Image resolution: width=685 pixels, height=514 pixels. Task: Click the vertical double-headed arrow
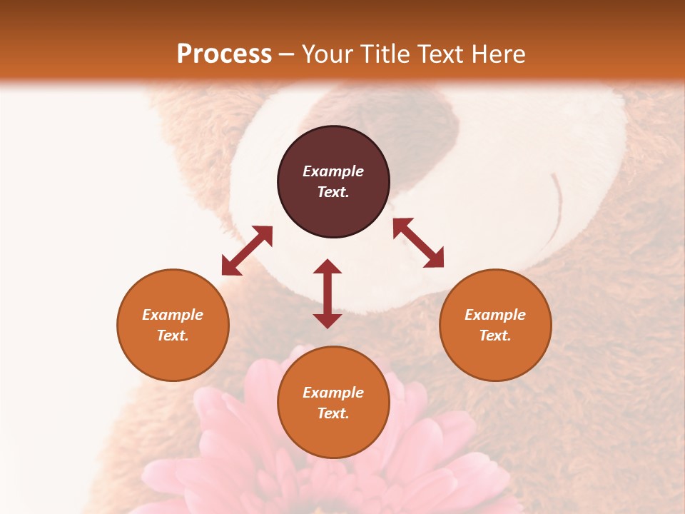click(x=328, y=293)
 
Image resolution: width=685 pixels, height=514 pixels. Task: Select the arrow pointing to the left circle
click(x=247, y=251)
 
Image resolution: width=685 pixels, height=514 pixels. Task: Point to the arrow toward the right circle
click(x=419, y=243)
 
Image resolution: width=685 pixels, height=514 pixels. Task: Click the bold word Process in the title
click(x=224, y=54)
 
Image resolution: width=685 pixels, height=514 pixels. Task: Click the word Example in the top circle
click(x=333, y=171)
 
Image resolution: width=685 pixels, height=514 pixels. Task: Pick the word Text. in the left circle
click(x=173, y=336)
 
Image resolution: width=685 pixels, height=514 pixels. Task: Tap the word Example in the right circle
click(x=495, y=315)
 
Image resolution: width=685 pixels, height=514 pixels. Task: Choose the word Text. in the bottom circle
click(x=333, y=413)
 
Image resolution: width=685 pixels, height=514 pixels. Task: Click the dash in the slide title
click(x=287, y=54)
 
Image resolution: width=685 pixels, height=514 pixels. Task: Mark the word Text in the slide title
click(x=440, y=54)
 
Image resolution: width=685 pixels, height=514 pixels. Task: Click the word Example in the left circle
click(x=173, y=315)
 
